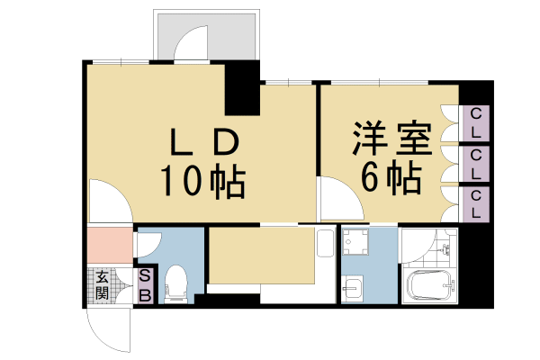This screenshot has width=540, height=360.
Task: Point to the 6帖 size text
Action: click(x=391, y=180)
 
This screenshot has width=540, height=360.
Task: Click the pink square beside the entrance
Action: click(x=110, y=245)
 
